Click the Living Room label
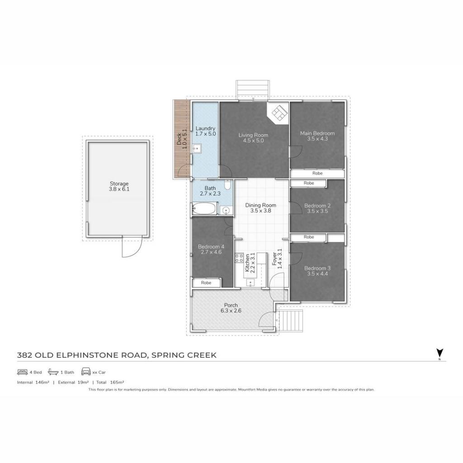click(253, 135)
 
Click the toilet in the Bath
click(227, 184)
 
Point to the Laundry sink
click(197, 148)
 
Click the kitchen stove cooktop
click(239, 258)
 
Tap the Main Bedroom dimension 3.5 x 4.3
click(317, 139)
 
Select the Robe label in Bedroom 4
click(206, 283)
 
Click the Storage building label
click(119, 184)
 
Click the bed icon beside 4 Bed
click(23, 372)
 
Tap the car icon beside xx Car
click(86, 372)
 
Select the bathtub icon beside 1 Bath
click(53, 372)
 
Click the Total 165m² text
click(110, 382)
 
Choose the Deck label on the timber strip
click(179, 139)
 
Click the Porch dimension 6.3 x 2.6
click(231, 311)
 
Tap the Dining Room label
click(261, 205)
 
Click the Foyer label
click(274, 259)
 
